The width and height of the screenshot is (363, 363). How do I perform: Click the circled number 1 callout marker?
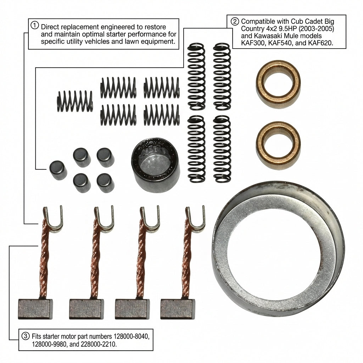(35, 25)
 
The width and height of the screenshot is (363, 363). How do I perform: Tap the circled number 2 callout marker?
(235, 21)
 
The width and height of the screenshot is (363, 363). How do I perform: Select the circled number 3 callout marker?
(26, 336)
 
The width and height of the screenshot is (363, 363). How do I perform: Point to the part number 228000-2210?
(99, 344)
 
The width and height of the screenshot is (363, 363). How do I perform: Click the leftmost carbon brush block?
(35, 309)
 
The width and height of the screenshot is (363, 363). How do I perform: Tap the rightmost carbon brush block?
(178, 309)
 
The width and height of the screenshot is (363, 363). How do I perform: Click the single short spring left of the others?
(75, 101)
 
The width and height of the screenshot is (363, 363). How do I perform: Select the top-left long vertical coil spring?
(196, 77)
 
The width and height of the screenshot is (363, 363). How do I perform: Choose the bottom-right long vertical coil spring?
(222, 149)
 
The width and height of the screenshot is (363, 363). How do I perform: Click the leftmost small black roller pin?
(58, 171)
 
